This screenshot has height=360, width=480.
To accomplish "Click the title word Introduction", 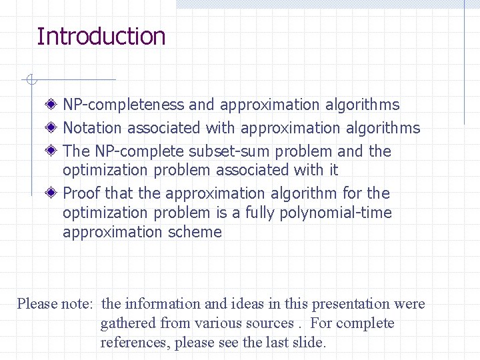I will (x=101, y=36).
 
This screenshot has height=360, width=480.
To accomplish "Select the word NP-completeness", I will (x=123, y=105).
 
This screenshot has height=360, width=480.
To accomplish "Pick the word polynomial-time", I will (x=339, y=213).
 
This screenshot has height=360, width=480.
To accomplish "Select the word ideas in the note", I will (x=247, y=304).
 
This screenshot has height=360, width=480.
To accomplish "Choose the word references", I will (x=133, y=343).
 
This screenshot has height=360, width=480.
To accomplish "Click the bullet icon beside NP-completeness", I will (x=51, y=105).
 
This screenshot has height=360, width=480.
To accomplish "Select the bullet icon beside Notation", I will (x=51, y=127).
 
